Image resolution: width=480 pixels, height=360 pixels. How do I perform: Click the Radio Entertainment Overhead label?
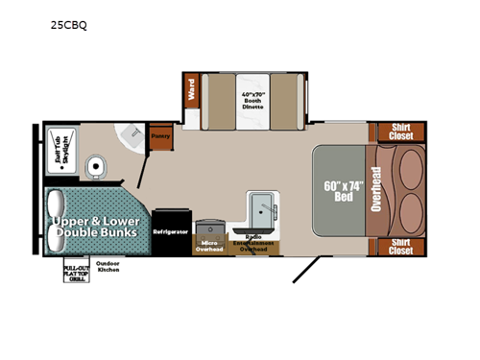255,243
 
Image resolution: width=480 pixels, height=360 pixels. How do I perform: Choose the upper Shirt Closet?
395,132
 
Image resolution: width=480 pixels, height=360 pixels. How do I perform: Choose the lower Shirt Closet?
395,247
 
